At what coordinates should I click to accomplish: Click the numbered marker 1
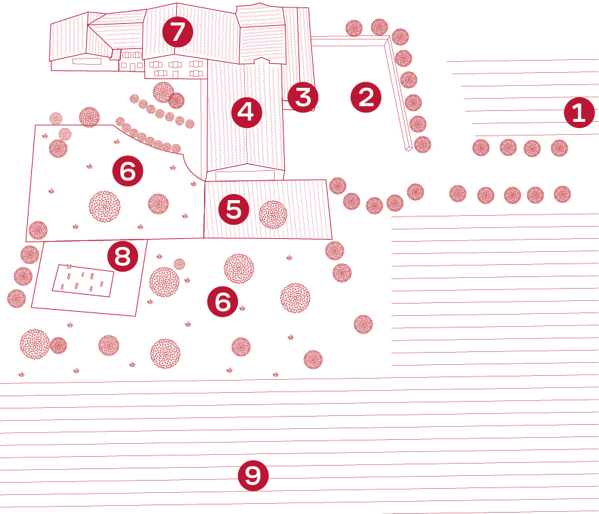579,113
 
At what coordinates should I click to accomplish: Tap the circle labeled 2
366,97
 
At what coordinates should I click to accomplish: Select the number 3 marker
302,97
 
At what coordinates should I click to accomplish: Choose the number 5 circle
233,210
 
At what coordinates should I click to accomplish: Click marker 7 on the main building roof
177,31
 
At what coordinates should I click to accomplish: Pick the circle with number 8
122,257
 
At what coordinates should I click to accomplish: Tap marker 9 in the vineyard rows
253,476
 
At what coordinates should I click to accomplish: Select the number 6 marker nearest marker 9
223,301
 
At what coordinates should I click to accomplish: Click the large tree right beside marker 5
273,214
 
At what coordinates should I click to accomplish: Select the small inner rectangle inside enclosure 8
84,280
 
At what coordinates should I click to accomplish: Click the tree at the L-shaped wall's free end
422,144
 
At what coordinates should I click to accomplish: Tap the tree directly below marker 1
559,148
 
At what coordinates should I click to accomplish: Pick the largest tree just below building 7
163,92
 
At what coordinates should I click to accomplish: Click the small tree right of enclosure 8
179,263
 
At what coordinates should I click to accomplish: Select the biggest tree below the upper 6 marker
105,206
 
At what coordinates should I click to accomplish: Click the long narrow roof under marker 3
297,54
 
